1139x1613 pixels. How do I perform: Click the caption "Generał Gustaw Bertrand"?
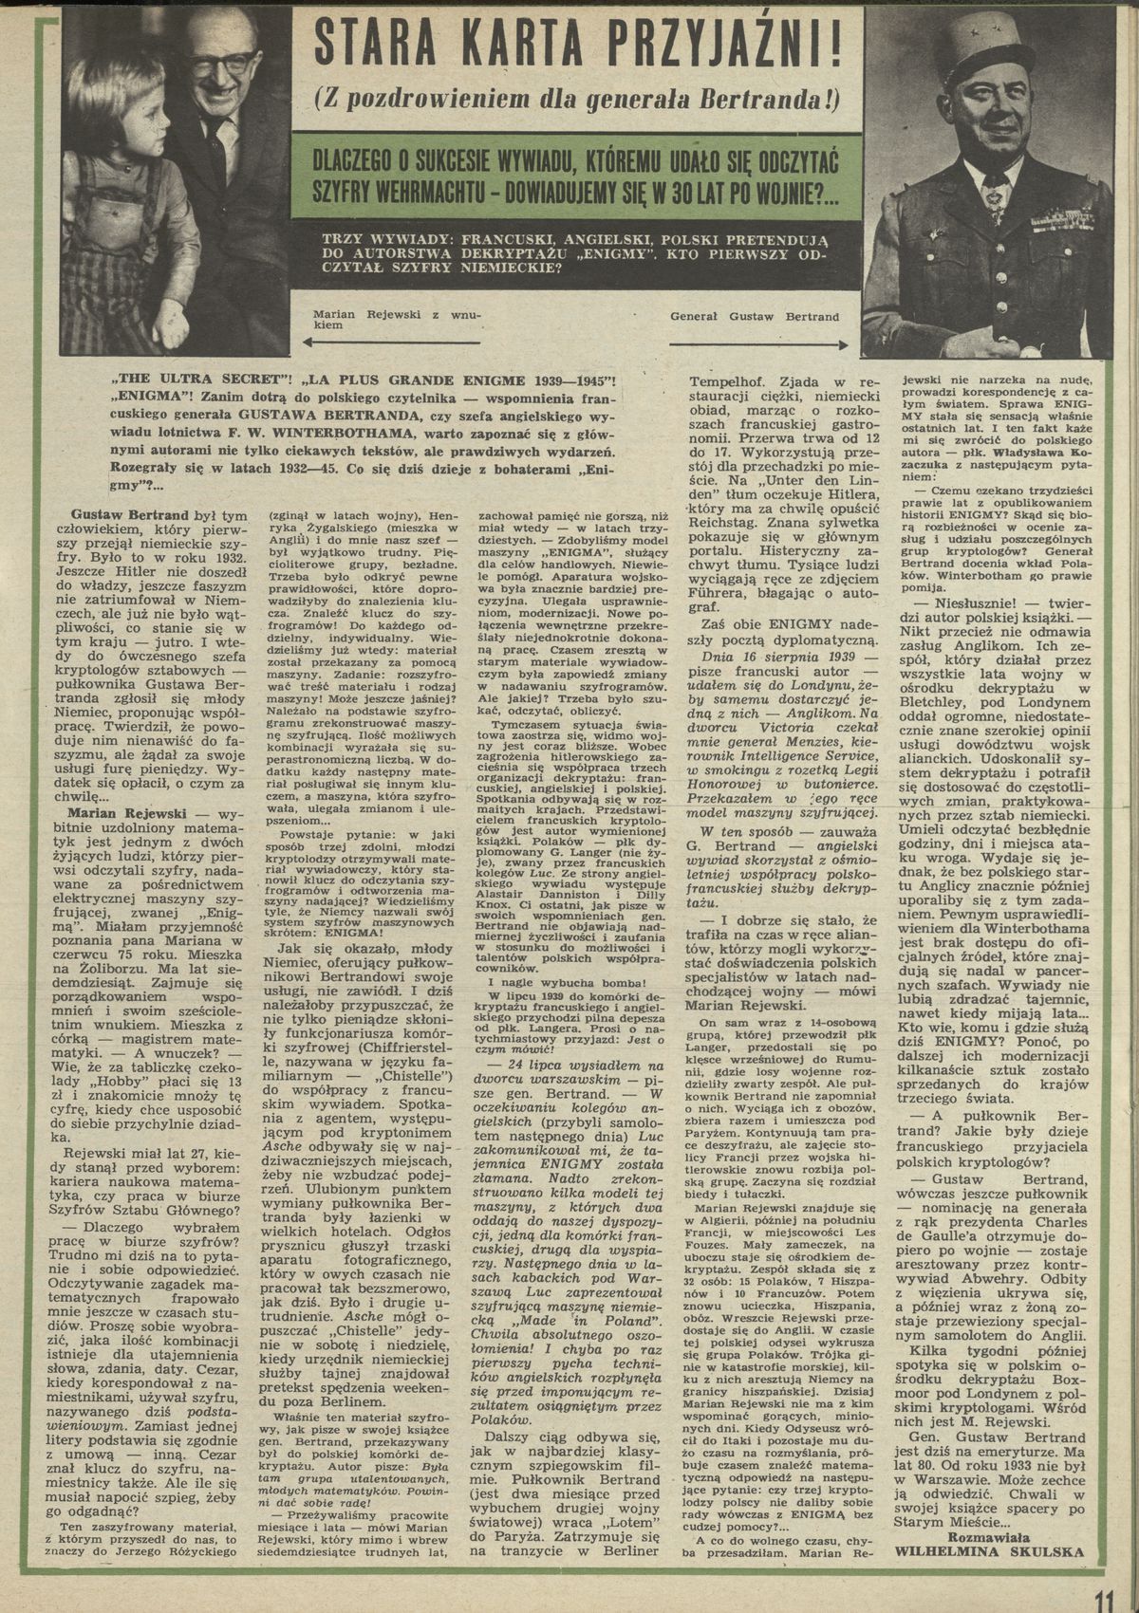[755, 316]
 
